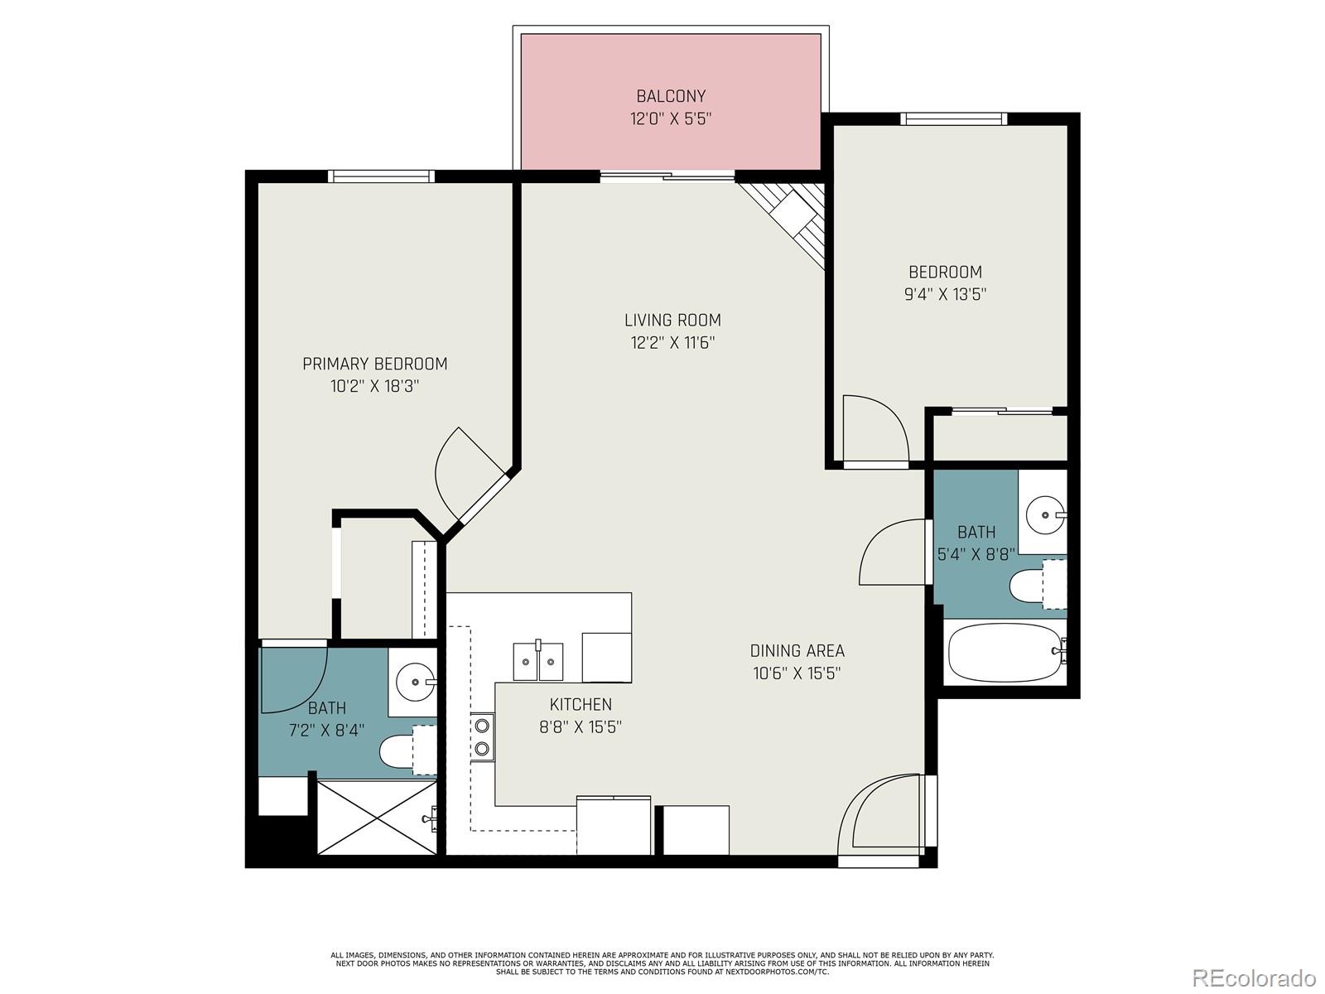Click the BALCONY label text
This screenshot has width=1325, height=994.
click(x=671, y=96)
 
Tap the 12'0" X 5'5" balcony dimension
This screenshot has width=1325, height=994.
click(x=671, y=118)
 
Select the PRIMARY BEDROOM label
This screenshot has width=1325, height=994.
click(x=374, y=364)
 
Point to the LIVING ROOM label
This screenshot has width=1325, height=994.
click(x=672, y=320)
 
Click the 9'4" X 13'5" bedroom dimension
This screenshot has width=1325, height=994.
click(x=945, y=294)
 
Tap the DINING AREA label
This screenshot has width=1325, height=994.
click(x=797, y=651)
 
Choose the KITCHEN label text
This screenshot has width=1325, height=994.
click(x=581, y=704)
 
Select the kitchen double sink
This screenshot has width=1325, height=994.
click(x=537, y=661)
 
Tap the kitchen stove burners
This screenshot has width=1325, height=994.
click(x=482, y=737)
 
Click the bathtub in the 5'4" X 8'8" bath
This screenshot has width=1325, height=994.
click(x=1004, y=652)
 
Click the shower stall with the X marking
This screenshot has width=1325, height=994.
click(x=377, y=817)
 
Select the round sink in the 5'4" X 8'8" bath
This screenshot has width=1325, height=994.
click(x=1044, y=515)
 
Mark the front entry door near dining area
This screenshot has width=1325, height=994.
click(x=882, y=816)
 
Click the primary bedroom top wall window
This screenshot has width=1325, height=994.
click(x=381, y=176)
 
